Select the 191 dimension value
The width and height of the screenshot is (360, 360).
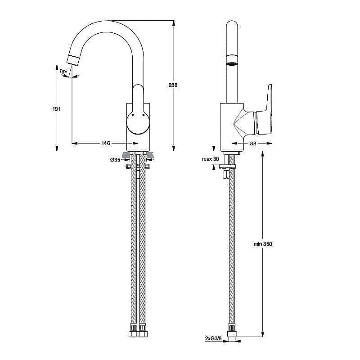tap(56, 108)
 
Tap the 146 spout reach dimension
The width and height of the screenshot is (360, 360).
tap(105, 143)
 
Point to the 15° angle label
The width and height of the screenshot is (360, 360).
tap(63, 72)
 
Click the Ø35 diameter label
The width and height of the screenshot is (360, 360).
tap(115, 160)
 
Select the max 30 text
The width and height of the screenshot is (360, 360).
tap(210, 159)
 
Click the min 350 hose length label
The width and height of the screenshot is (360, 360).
tap(262, 243)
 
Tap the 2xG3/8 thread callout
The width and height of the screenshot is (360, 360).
tap(212, 338)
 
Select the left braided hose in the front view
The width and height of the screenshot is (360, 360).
tap(134, 243)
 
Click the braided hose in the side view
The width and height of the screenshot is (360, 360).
tap(232, 243)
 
